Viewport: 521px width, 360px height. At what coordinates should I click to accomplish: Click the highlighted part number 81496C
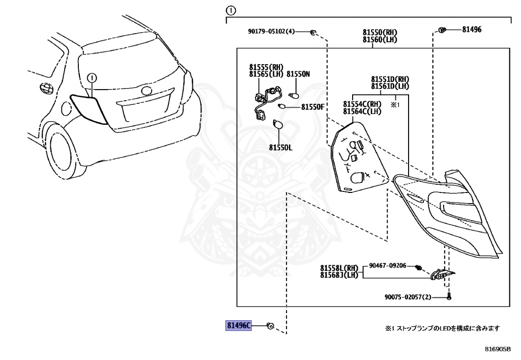[239, 325]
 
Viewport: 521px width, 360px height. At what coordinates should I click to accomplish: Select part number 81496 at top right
[472, 29]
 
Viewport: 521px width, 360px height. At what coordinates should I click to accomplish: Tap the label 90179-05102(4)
[271, 32]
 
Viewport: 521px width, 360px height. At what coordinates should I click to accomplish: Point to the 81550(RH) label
[380, 32]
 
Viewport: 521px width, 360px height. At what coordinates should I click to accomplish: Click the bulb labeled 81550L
[278, 125]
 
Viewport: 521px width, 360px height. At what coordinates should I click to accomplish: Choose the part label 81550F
[313, 107]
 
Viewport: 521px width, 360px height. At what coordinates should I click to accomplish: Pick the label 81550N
[298, 74]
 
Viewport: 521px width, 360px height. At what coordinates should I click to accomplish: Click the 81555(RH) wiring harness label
[266, 67]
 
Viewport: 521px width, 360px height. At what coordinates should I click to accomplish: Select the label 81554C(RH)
[362, 104]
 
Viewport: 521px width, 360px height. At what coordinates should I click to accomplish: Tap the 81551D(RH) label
[390, 79]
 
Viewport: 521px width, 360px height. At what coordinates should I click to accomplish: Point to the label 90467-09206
[387, 266]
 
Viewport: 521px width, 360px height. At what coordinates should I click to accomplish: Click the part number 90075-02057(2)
[408, 297]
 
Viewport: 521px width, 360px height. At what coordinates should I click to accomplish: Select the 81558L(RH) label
[339, 268]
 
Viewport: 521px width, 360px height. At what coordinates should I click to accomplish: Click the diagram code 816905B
[498, 349]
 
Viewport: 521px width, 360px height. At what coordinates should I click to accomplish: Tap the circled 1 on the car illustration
[92, 78]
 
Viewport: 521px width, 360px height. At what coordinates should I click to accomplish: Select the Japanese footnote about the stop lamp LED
[442, 328]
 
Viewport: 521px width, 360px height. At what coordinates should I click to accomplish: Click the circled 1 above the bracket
[230, 11]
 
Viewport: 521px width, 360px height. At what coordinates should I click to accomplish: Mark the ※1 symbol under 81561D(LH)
[395, 105]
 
